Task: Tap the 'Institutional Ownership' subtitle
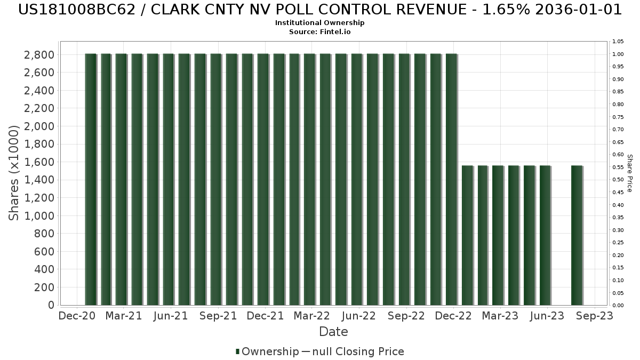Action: coord(320,23)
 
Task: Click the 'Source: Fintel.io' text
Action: coord(320,31)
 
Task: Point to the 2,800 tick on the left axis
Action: coord(39,54)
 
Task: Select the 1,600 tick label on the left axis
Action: coord(39,162)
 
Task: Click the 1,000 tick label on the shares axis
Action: coord(39,215)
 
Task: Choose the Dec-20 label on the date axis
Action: coord(77,316)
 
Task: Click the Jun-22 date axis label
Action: coord(359,316)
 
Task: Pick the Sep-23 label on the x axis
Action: coord(594,316)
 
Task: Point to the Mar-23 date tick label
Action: coord(500,316)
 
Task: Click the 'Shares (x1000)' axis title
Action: coord(14,173)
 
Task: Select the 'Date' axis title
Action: coord(333,332)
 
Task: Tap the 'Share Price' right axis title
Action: coord(629,173)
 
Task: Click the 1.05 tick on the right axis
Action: coord(618,42)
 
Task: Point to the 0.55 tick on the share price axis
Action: coord(618,167)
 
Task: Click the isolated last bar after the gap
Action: coord(577,235)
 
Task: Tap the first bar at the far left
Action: coord(91,179)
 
